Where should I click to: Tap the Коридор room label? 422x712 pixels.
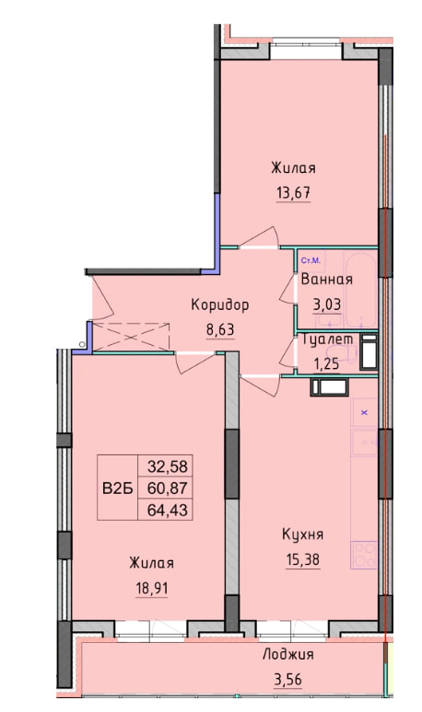pyautogui.click(x=220, y=304)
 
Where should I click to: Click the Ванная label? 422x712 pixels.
pyautogui.click(x=326, y=281)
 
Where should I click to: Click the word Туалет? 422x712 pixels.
pyautogui.click(x=327, y=339)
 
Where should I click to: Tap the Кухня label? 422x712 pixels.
pyautogui.click(x=302, y=534)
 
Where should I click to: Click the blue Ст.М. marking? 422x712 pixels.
pyautogui.click(x=311, y=261)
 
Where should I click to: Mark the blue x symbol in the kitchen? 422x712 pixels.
pyautogui.click(x=363, y=413)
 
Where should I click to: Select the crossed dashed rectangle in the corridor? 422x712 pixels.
pyautogui.click(x=134, y=337)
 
